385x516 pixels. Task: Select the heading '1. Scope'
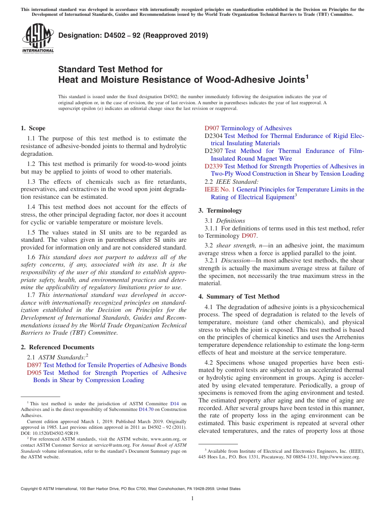pos(33,128)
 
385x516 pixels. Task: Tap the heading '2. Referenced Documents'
pos(57,347)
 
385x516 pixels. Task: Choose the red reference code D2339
pos(214,166)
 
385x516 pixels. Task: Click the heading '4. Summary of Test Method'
pos(239,297)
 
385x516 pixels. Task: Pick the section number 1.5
pos(31,232)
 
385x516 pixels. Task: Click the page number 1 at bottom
pos(192,499)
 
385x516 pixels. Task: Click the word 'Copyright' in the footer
pos(30,489)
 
